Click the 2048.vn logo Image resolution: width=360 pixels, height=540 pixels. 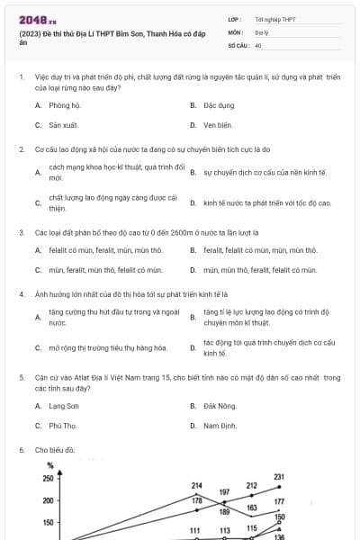pyautogui.click(x=32, y=19)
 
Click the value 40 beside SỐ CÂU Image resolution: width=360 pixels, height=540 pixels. pyautogui.click(x=258, y=44)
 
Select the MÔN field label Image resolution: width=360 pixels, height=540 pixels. pyautogui.click(x=236, y=31)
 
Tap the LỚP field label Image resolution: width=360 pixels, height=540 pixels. pyautogui.click(x=235, y=19)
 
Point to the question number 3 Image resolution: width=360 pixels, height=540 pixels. pyautogui.click(x=21, y=231)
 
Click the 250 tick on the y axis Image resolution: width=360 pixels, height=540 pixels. pyautogui.click(x=48, y=479)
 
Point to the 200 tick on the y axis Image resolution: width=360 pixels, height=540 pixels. pyautogui.click(x=48, y=500)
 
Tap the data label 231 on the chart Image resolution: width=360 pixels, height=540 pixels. pyautogui.click(x=279, y=477)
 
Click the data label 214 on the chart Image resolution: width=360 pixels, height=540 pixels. pyautogui.click(x=196, y=485)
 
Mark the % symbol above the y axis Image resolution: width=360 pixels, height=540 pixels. pyautogui.click(x=51, y=465)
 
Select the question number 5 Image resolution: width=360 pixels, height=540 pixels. pyautogui.click(x=21, y=378)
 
